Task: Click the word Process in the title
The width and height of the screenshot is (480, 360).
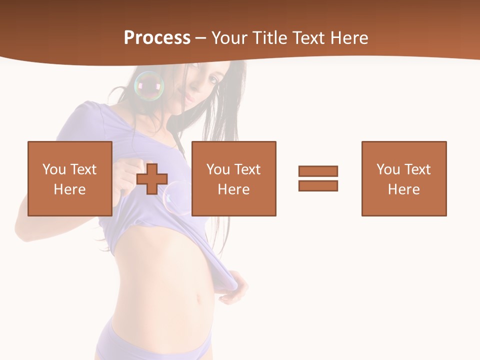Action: click(157, 38)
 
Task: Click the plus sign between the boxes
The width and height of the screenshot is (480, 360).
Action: click(152, 179)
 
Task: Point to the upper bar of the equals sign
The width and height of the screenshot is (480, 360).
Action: click(318, 171)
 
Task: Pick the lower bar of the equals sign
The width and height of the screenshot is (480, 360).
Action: click(318, 185)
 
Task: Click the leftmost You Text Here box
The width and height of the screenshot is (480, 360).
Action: click(69, 178)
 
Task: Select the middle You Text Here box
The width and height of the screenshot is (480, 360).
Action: click(233, 178)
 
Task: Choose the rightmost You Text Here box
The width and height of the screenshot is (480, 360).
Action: click(403, 178)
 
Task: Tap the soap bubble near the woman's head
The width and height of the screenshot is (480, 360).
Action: click(149, 86)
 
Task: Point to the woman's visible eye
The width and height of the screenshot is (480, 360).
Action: click(213, 79)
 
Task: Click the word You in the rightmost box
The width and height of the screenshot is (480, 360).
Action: click(388, 169)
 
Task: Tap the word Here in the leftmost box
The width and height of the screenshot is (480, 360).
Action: click(69, 189)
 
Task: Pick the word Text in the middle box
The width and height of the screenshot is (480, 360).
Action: click(247, 169)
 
